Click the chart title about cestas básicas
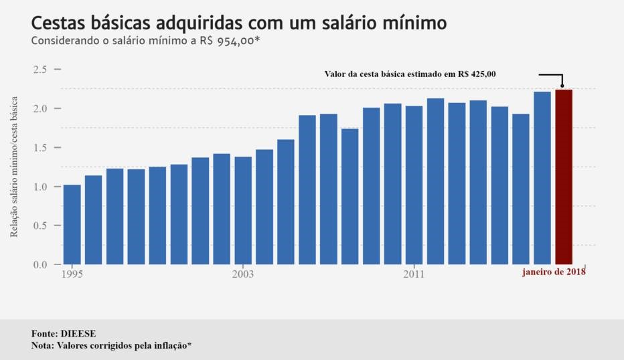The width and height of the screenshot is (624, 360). click(238, 23)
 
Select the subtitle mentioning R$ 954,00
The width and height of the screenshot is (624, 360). click(145, 41)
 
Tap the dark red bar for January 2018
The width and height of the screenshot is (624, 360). click(564, 177)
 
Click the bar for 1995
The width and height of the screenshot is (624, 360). click(72, 224)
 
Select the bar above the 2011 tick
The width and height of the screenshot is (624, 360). click(414, 185)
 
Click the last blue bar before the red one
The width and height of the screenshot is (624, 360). click(542, 178)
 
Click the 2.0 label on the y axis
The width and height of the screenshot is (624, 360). click(40, 108)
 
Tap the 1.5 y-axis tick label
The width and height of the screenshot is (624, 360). click(40, 147)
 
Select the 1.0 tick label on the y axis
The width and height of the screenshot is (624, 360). click(40, 187)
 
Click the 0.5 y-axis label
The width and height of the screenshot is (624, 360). click(40, 226)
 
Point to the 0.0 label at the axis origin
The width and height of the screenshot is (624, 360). click(40, 265)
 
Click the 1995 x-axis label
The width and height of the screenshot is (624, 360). click(72, 274)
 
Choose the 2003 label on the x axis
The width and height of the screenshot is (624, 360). click(243, 274)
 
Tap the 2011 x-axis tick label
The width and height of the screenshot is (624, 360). click(414, 274)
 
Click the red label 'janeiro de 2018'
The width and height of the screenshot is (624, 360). click(554, 272)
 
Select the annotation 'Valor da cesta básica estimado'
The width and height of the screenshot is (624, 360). click(410, 74)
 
